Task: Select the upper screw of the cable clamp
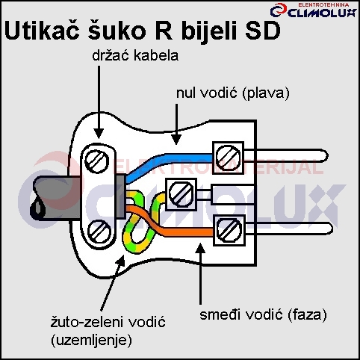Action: pos(97,161)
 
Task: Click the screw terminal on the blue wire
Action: pos(228,158)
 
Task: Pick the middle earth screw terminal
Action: pos(181,193)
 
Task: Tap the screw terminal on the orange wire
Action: pos(229,230)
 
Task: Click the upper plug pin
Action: pos(286,156)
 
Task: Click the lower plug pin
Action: pos(289,229)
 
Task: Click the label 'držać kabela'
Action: pos(135,55)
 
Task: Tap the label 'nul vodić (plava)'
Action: pos(233,93)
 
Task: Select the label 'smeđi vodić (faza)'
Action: pos(263,314)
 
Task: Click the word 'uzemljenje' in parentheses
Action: pos(91,340)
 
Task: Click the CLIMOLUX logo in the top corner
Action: pos(314,10)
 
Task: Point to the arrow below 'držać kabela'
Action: pos(99,102)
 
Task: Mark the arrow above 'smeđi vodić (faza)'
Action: pos(201,273)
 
